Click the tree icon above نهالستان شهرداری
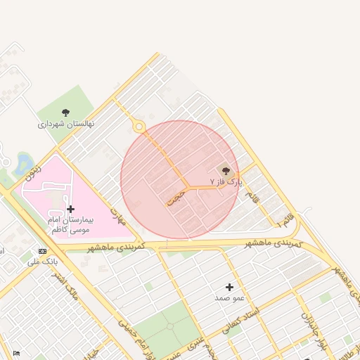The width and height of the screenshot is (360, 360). point(65,112)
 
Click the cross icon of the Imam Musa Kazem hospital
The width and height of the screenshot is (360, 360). point(70,209)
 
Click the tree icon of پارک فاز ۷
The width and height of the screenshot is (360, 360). point(225,169)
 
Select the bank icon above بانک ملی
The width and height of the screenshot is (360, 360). point(43,251)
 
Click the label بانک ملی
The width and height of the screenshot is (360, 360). point(42,262)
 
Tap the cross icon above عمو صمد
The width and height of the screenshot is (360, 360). point(230,287)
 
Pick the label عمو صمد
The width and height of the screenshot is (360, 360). point(230,298)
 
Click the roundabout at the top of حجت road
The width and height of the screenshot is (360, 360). point(139,127)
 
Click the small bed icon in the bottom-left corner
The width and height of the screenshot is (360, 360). point(16,353)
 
